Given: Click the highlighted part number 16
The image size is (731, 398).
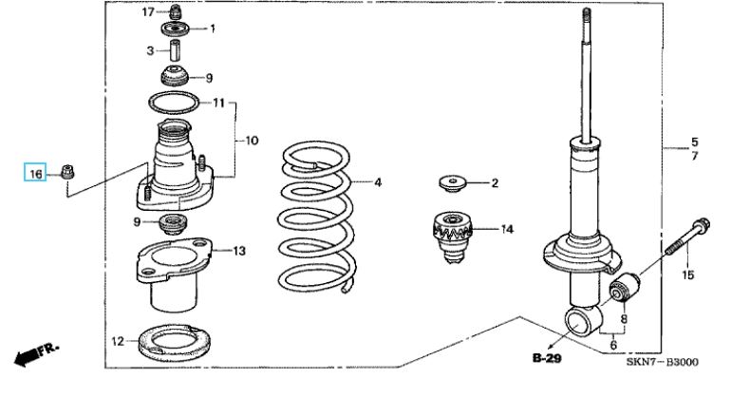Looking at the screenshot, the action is click(35, 174).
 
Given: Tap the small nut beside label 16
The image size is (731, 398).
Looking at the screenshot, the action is click(68, 171).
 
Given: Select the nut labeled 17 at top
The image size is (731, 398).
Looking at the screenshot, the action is click(176, 11).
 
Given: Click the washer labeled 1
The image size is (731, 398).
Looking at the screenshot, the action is click(176, 29).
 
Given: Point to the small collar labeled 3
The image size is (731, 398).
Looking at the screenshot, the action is click(175, 50).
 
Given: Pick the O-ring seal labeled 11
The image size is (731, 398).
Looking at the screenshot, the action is click(174, 103).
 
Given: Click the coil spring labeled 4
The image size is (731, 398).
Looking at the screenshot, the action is click(316, 217).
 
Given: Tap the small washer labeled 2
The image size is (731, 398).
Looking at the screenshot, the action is click(452, 182).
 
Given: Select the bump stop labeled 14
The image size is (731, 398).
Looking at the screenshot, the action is click(452, 237).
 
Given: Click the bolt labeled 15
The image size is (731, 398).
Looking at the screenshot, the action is click(687, 237).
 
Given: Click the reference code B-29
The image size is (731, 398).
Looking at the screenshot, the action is click(547, 358).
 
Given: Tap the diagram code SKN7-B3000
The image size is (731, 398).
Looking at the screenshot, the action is click(662, 362).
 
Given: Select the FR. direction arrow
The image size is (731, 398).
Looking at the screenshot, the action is click(35, 354).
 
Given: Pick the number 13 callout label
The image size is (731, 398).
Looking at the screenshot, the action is click(239, 251).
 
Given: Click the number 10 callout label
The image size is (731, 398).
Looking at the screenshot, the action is click(252, 141).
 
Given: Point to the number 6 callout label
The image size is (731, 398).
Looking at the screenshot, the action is click(613, 345).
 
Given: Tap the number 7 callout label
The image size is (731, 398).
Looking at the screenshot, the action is click(695, 156).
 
